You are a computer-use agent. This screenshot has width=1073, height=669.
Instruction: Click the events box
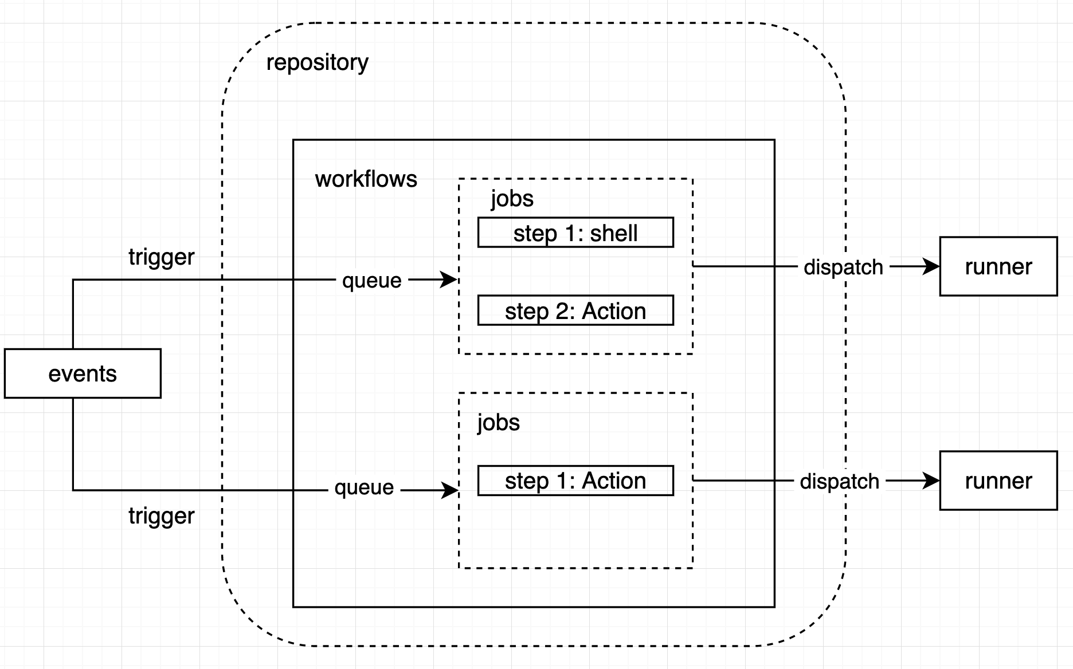tap(83, 373)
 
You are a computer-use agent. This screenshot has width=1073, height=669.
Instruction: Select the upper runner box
tap(998, 266)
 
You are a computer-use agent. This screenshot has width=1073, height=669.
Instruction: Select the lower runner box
tap(998, 481)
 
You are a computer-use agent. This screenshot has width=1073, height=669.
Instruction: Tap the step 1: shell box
tap(575, 233)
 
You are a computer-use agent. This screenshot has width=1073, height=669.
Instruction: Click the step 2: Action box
tap(575, 310)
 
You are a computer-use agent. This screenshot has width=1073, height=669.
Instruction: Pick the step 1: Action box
tap(575, 481)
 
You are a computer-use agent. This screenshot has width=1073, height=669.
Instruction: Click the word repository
tap(317, 62)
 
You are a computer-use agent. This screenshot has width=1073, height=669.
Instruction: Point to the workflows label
tap(366, 179)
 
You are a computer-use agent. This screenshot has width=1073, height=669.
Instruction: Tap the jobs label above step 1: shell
tap(512, 199)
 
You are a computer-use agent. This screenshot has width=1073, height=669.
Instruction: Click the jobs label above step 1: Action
tap(498, 423)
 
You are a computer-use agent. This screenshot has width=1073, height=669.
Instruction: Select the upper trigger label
tap(161, 257)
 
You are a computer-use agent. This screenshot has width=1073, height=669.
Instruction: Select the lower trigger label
tap(161, 516)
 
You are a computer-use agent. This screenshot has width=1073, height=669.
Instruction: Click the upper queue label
tap(371, 281)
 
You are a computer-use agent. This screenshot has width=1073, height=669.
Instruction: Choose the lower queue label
tap(364, 488)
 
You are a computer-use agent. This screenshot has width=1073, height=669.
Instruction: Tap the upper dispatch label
tap(843, 267)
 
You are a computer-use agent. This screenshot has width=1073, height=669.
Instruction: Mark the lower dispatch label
tap(839, 482)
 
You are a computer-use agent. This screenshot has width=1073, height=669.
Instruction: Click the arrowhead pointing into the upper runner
tap(932, 266)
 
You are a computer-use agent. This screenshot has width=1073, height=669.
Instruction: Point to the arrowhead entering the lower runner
tap(932, 481)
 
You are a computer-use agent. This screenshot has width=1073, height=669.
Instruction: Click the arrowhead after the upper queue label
tap(450, 280)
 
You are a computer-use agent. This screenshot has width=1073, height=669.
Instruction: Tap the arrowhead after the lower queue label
tap(451, 490)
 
